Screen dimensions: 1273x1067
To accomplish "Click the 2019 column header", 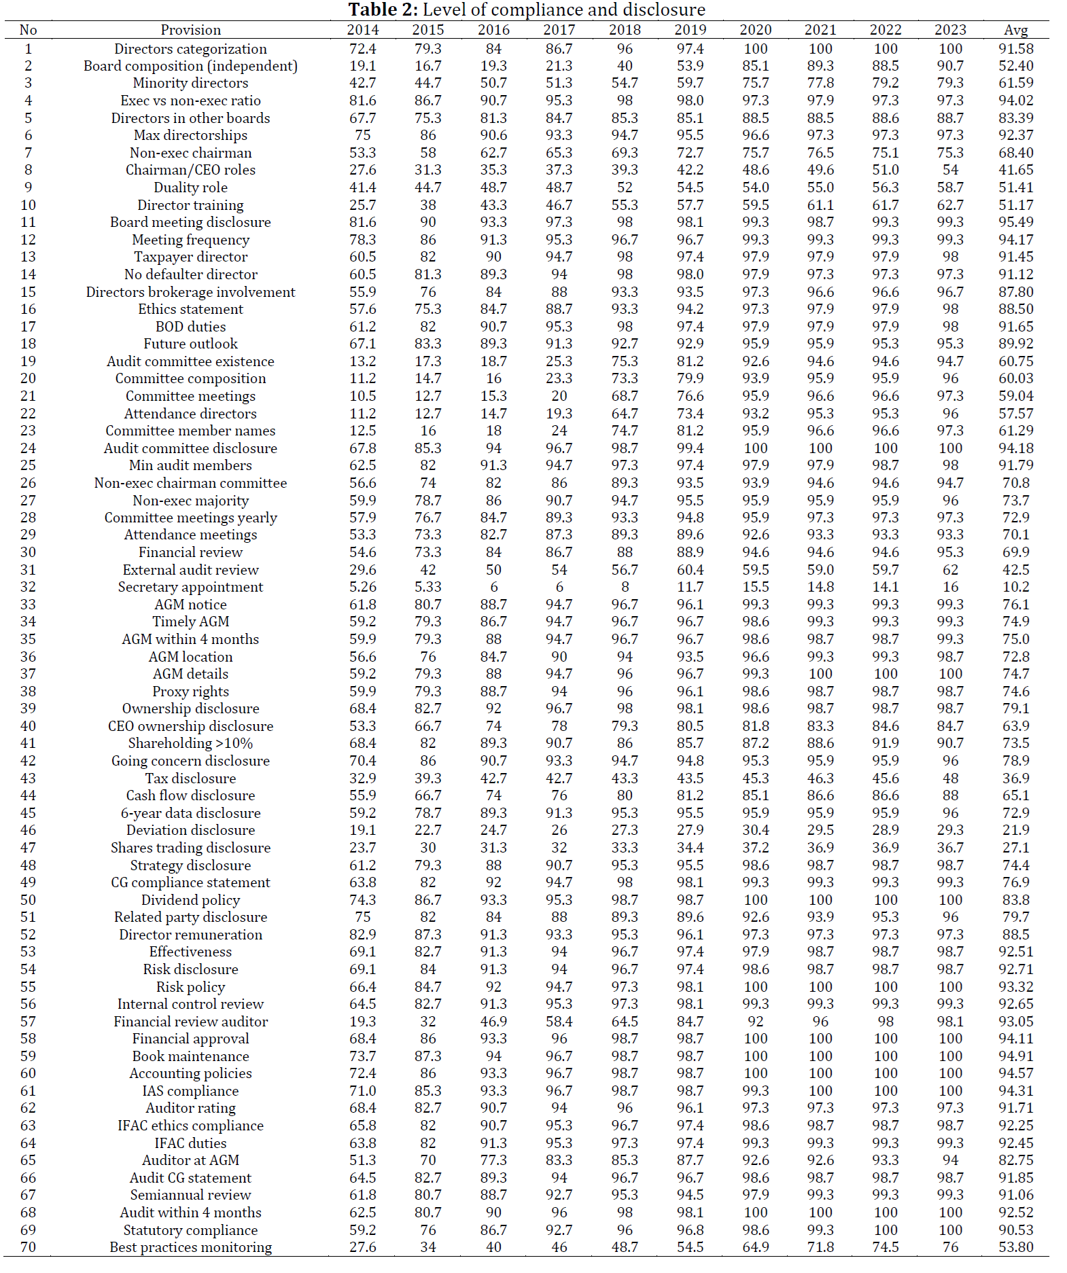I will point(690,30).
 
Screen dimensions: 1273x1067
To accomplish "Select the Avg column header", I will point(1015,30).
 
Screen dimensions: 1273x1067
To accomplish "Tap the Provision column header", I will point(190,30).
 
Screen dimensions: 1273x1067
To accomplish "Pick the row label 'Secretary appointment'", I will point(190,587).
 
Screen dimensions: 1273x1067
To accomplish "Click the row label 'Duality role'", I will point(190,187).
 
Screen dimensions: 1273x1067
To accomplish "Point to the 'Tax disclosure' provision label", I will point(190,778).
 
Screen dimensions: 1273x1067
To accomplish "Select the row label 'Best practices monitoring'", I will point(190,1247).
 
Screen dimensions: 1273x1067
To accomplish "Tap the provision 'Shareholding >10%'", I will point(190,743).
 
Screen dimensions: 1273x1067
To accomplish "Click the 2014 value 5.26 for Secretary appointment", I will point(362,587).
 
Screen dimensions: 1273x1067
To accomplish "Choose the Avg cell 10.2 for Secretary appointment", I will point(1015,587).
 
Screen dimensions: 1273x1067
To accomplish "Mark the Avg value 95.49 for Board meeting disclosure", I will point(1015,222).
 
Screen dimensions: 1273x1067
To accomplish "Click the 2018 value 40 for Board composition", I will point(625,66).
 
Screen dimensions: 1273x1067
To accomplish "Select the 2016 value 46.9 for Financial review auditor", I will point(493,1022).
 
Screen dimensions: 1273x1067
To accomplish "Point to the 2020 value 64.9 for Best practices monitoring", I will point(755,1247).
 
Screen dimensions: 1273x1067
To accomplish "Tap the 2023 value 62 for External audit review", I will point(950,570).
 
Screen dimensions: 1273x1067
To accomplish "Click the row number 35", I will point(28,639).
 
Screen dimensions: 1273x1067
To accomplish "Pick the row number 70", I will point(28,1247).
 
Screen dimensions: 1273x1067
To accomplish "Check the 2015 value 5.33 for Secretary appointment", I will point(427,587).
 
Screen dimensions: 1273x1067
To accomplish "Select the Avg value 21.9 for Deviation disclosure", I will point(1015,830).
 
